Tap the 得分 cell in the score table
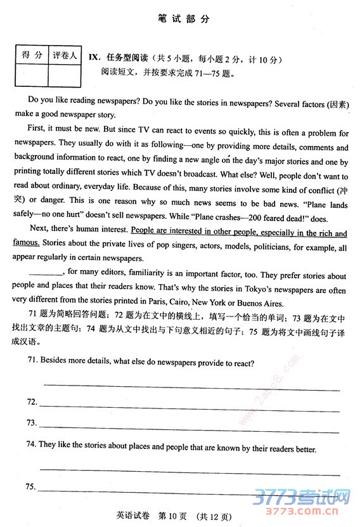[x=30, y=55]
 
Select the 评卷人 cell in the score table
[x=64, y=55]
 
